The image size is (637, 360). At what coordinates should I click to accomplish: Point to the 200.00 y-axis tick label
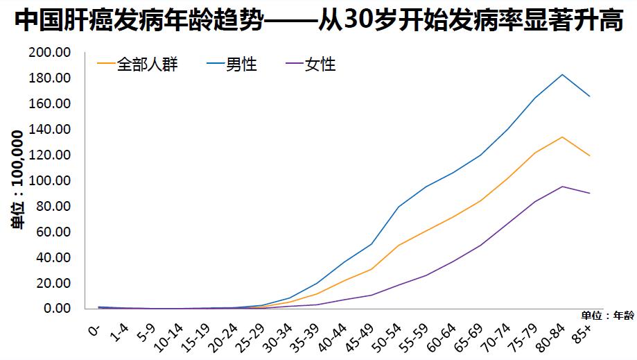49,53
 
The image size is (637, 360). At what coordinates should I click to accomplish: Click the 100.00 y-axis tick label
49,181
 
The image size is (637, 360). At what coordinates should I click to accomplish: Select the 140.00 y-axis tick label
49,130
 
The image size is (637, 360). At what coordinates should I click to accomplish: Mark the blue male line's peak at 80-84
562,74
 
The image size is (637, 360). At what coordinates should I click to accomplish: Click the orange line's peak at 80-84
562,137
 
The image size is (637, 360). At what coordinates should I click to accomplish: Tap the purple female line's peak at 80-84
562,186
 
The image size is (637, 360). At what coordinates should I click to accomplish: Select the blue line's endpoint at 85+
590,96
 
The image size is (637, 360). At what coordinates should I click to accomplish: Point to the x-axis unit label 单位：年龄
607,316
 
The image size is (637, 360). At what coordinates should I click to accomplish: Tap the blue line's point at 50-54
399,207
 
